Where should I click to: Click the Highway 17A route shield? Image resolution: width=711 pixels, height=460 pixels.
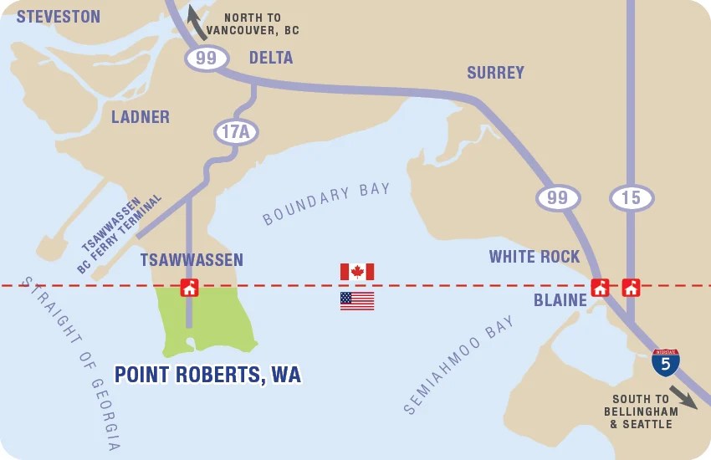pos(237,131)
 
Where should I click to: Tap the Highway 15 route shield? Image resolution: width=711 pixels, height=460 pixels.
pos(632,198)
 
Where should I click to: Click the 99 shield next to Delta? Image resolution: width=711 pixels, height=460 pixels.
pos(207,58)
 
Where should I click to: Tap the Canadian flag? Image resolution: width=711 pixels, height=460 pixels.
pos(357,272)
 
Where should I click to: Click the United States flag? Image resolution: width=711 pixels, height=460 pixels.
pos(357,301)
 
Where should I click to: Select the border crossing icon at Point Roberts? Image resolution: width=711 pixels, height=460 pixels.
pos(190,288)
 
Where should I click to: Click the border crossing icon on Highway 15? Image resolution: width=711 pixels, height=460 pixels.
pos(631,288)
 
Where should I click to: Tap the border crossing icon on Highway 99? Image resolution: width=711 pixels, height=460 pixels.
pos(600,288)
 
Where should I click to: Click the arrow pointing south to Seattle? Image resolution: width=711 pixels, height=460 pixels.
pos(683,396)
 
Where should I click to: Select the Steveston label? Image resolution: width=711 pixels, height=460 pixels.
pos(59,17)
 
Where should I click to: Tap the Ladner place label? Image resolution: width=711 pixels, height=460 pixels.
pos(141,117)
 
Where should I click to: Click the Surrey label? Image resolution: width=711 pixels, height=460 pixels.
pos(496,73)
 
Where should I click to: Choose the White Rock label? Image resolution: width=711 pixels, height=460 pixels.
pos(535,257)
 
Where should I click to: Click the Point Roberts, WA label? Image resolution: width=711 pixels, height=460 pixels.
pos(207,375)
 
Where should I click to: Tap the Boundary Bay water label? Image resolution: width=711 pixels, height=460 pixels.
pos(326,204)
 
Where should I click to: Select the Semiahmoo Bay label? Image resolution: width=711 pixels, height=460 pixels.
pos(458,365)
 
